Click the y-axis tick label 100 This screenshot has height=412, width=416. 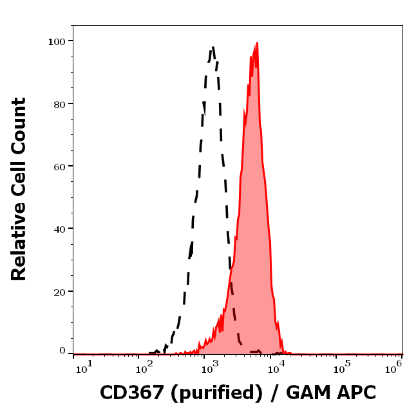(57, 41)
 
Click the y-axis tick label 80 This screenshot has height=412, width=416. (59, 103)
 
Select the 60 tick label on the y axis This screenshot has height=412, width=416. (59, 166)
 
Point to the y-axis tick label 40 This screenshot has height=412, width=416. (59, 228)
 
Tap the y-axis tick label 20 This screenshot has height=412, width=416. (59, 291)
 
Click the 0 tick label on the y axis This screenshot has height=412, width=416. (62, 351)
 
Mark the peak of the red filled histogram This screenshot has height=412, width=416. (257, 43)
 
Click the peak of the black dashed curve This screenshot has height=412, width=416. (213, 46)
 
